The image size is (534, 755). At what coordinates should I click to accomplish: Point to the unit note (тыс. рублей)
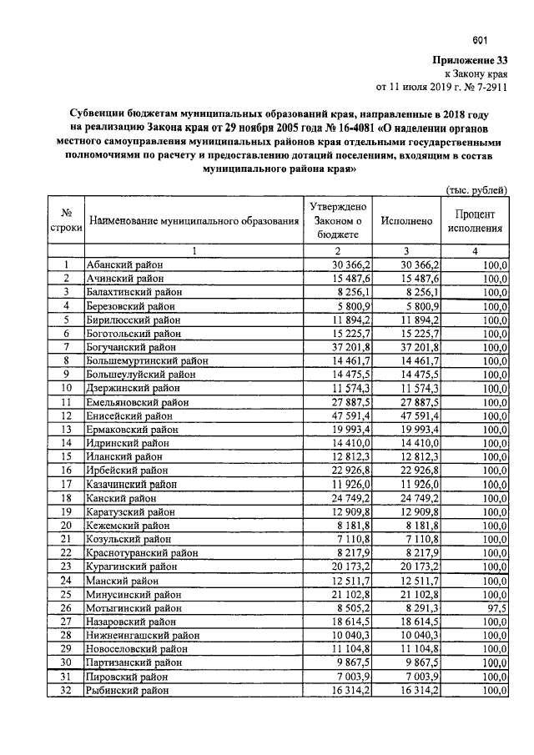tap(476, 189)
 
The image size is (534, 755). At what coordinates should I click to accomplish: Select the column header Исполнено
tap(406, 222)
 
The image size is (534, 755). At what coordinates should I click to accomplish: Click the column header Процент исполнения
tap(475, 221)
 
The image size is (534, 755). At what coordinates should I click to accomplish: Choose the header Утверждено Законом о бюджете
tap(338, 221)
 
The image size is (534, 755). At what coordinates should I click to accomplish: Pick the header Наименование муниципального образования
tap(194, 222)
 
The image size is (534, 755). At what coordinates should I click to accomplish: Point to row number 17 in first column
tap(66, 485)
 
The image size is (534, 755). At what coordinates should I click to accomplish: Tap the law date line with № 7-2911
tap(442, 86)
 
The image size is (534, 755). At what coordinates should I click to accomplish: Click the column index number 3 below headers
tap(406, 251)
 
